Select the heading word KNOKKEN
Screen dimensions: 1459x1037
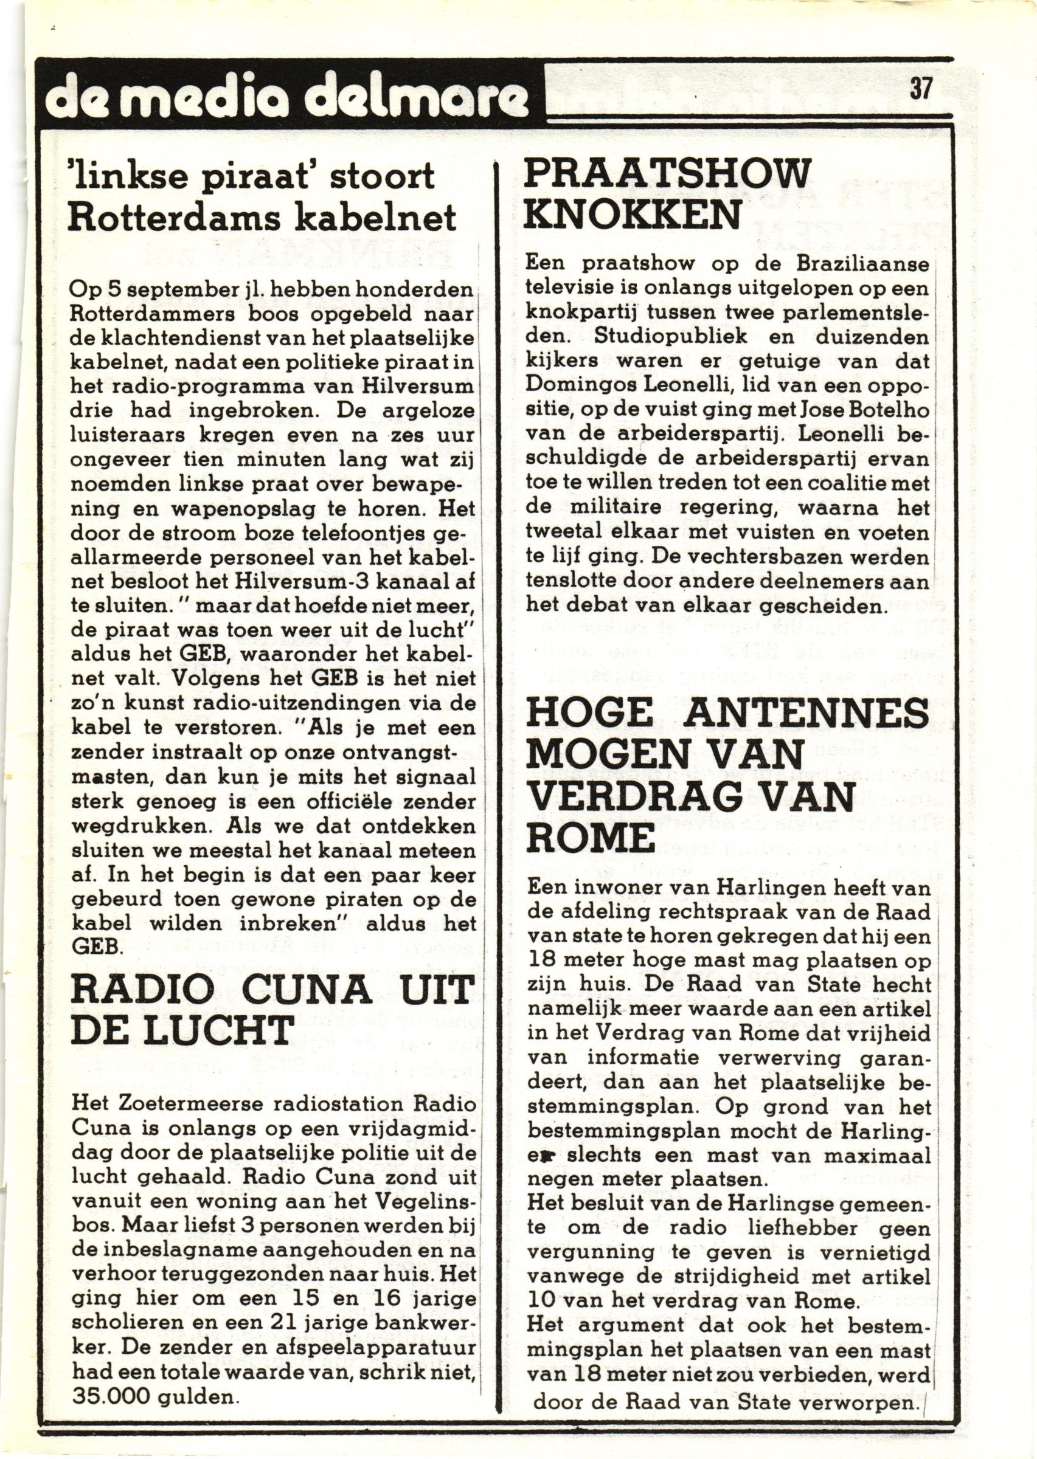(x=632, y=216)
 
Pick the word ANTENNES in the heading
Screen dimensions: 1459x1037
(x=806, y=713)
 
